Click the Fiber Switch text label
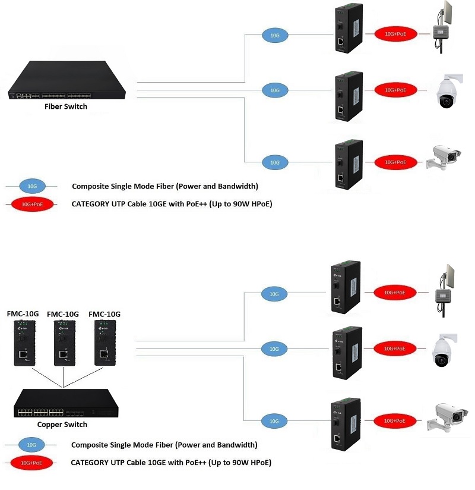coord(66,106)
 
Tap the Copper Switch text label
coord(62,424)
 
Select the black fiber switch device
coord(66,81)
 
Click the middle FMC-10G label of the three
coord(63,314)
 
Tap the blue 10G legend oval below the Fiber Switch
coord(32,186)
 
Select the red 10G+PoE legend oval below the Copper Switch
coord(32,462)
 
